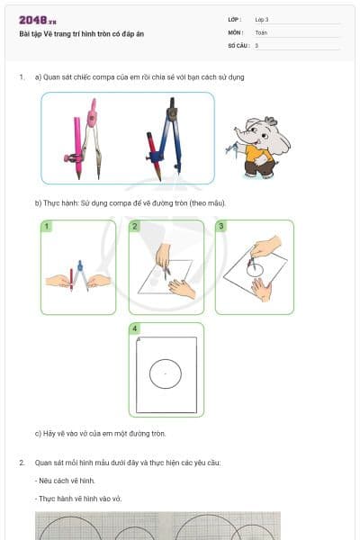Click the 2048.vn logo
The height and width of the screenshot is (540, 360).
(36, 20)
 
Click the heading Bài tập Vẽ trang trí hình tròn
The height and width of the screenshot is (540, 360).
(81, 33)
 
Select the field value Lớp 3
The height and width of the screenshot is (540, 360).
(262, 19)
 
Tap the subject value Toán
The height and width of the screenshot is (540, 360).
(261, 31)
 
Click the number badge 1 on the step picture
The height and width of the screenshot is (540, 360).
(47, 227)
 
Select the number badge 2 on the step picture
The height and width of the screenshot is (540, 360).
(134, 227)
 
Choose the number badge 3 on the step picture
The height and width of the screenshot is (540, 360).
(221, 227)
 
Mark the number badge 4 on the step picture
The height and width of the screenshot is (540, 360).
(135, 329)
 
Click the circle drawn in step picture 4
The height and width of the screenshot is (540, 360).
(166, 373)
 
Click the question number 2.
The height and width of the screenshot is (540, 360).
(22, 463)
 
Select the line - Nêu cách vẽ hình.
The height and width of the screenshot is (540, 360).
(65, 481)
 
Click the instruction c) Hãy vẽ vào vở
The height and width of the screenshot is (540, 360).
(101, 433)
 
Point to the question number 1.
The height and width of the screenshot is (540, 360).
(22, 77)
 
